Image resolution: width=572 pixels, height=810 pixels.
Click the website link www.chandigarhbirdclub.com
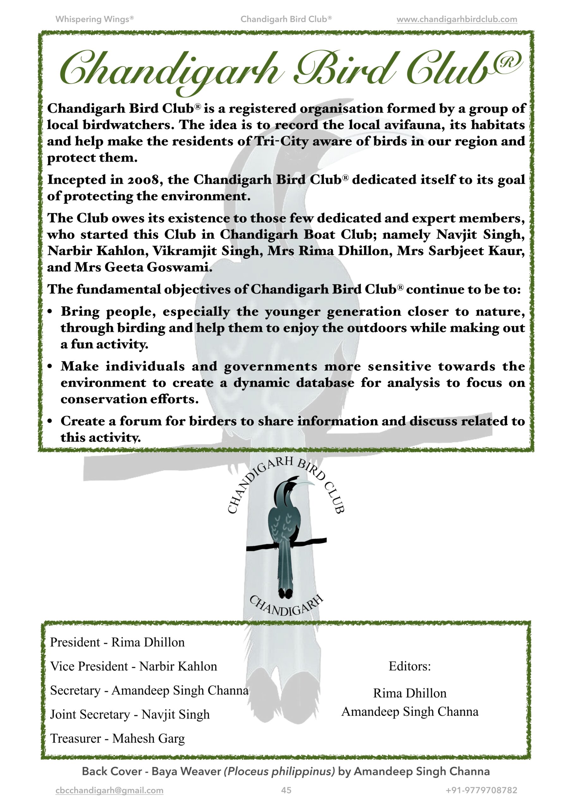pyautogui.click(x=457, y=19)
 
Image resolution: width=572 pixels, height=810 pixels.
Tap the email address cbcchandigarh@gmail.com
pyautogui.click(x=109, y=791)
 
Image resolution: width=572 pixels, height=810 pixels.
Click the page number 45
pyautogui.click(x=286, y=791)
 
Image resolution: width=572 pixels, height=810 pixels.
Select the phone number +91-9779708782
pyautogui.click(x=481, y=791)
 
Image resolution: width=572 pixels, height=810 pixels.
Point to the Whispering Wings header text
pyautogui.click(x=95, y=19)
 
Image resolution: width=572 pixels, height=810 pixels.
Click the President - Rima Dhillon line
pyautogui.click(x=117, y=642)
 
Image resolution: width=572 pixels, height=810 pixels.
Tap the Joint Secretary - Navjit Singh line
pyautogui.click(x=130, y=714)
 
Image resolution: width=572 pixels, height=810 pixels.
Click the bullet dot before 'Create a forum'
pyautogui.click(x=50, y=421)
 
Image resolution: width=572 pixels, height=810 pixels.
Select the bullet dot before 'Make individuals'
pyautogui.click(x=50, y=367)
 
